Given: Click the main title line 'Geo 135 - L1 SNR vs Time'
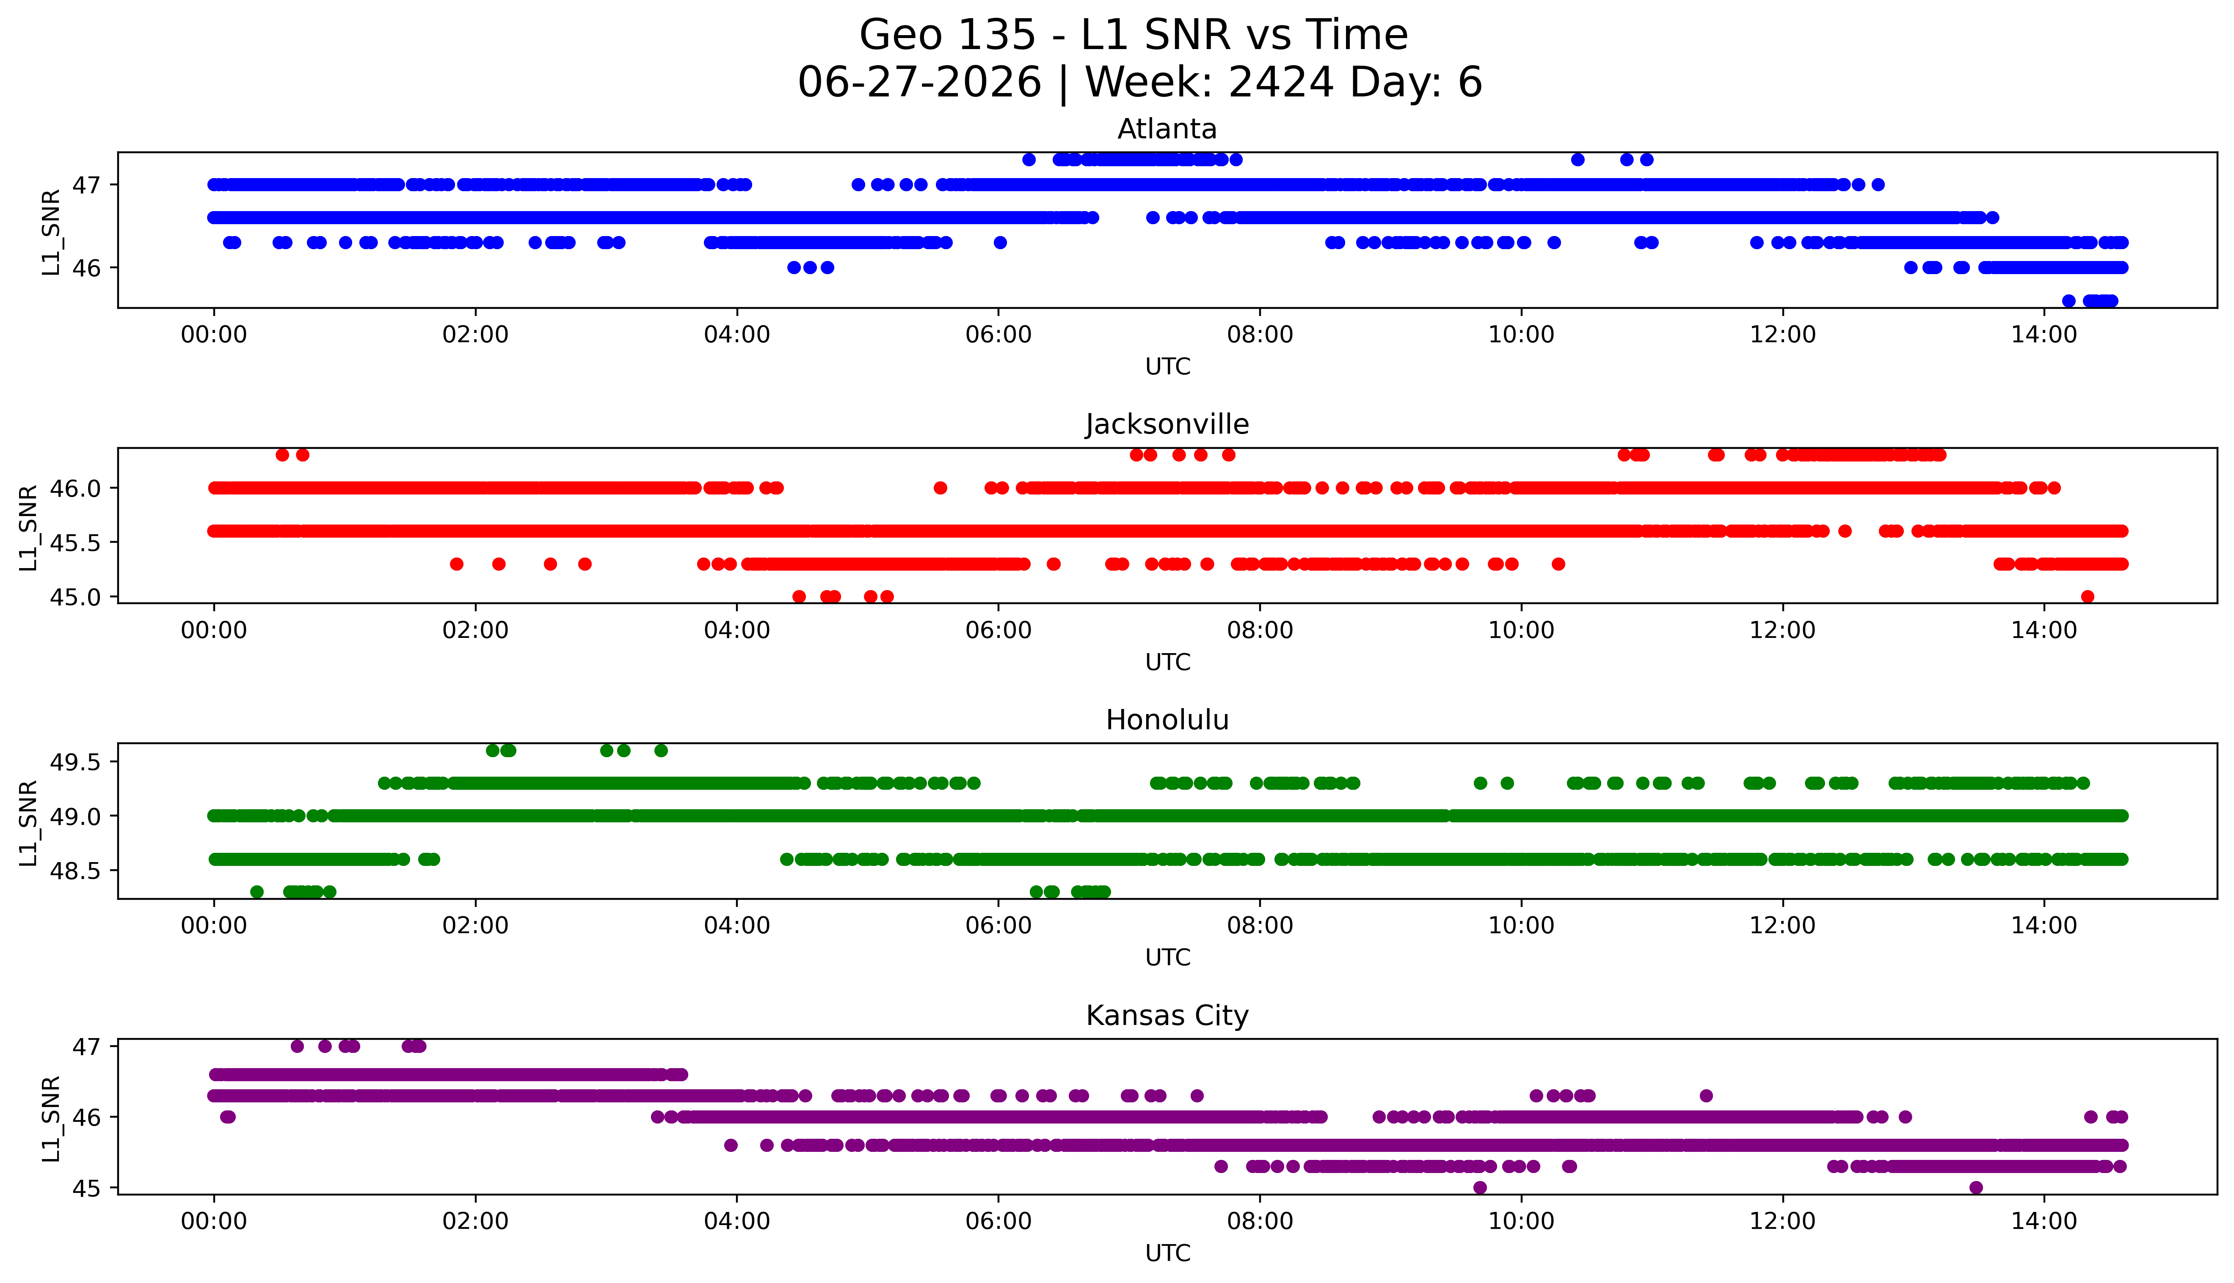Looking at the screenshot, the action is (x=1134, y=35).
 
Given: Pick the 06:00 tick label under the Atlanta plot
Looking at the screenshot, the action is (x=998, y=335).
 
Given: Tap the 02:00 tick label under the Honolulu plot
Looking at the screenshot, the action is (x=475, y=926).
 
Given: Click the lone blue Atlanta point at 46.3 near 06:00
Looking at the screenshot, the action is (x=1000, y=242).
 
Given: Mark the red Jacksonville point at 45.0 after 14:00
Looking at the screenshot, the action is (x=2087, y=596).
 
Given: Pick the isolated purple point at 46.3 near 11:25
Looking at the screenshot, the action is (x=1706, y=1095).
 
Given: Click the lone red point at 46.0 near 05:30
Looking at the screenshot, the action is (x=940, y=487).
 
